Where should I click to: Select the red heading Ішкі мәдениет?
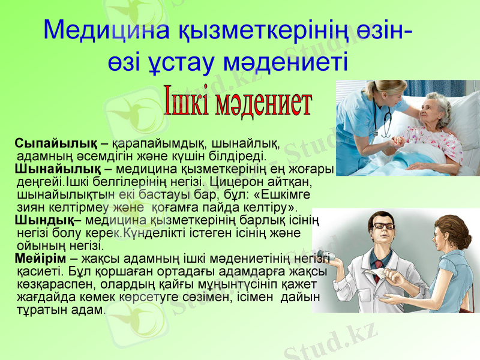coord(238,103)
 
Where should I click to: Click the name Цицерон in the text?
coord(238,181)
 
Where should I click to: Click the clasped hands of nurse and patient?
coord(398,142)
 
